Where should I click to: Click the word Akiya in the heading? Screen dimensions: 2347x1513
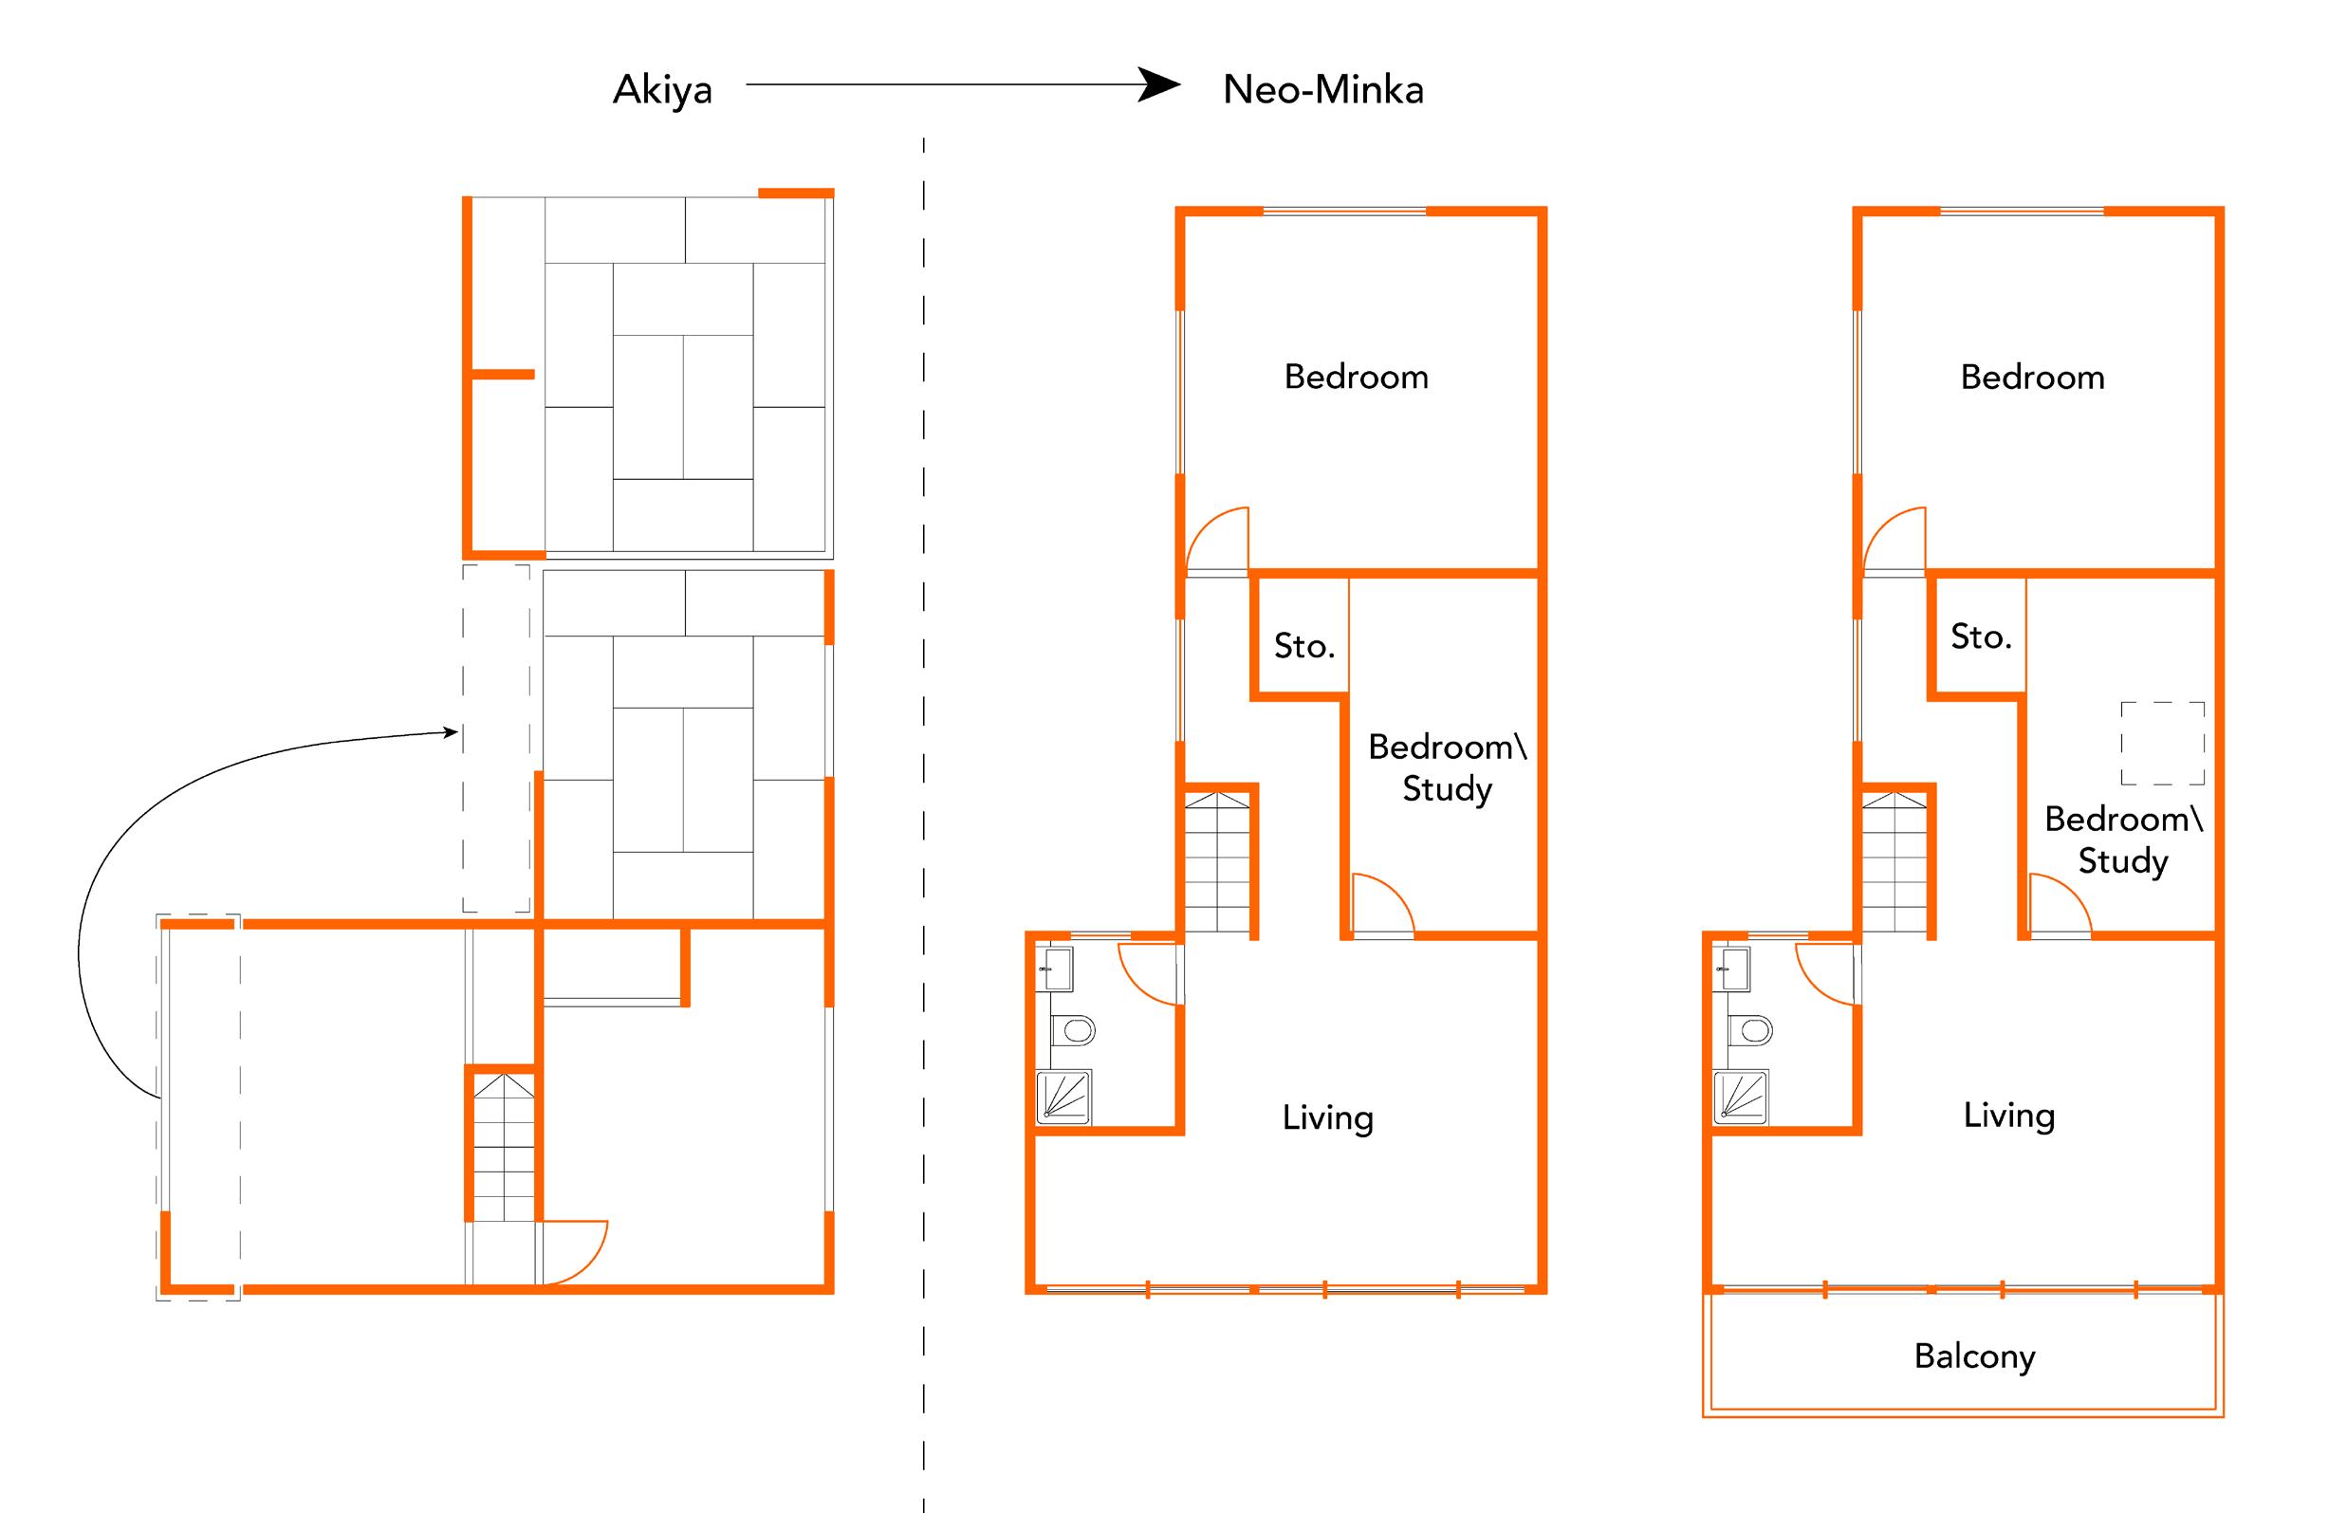[x=662, y=90]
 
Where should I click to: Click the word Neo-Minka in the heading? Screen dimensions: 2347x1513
[x=1322, y=90]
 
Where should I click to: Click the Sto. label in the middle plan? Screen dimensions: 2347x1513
[x=1303, y=645]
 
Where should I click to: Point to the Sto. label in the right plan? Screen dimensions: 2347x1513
[x=1981, y=637]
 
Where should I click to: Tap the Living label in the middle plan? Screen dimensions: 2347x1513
[x=1327, y=1118]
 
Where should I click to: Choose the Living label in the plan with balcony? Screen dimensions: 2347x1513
[x=2008, y=1116]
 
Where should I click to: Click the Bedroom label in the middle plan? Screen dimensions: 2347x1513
[x=1356, y=378]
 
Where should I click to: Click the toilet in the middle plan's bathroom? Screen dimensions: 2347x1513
[x=1074, y=1030]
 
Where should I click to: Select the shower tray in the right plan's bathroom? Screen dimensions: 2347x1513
[x=1740, y=1097]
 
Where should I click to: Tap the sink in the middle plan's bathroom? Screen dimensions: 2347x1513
[x=1057, y=969]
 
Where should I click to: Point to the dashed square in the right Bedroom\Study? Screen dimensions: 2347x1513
[x=2162, y=743]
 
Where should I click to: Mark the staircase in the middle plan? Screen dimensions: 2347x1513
[x=1217, y=861]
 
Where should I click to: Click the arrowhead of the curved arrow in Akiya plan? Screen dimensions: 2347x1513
[x=452, y=731]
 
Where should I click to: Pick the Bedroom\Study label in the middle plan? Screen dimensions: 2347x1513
[x=1446, y=767]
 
